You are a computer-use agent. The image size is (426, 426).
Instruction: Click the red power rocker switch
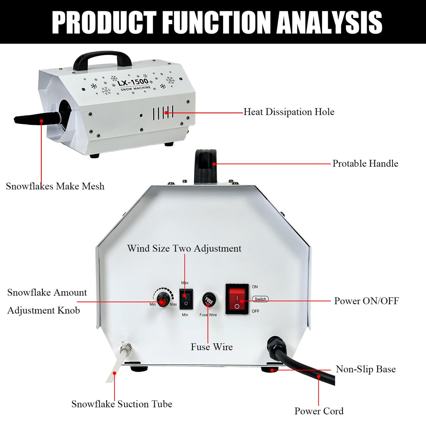click(237, 299)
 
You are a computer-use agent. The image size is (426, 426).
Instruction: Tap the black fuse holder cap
click(208, 300)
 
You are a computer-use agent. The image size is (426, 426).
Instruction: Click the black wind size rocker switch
click(186, 299)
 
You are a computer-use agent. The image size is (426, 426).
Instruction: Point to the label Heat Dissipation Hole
click(289, 112)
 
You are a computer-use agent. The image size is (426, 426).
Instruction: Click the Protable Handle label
click(365, 164)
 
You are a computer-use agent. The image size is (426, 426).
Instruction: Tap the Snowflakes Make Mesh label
click(55, 186)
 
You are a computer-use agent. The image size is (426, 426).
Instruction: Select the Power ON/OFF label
click(366, 301)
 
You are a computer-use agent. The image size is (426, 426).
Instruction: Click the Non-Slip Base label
click(365, 369)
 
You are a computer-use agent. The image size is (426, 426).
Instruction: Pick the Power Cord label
click(319, 411)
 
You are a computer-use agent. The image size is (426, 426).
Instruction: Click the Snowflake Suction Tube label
click(122, 404)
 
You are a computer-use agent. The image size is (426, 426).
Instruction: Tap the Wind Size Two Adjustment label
click(184, 248)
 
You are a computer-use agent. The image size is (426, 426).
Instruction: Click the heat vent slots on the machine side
click(163, 113)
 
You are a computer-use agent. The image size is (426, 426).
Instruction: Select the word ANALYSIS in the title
click(329, 22)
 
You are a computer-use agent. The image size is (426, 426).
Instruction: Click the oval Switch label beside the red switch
click(260, 299)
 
